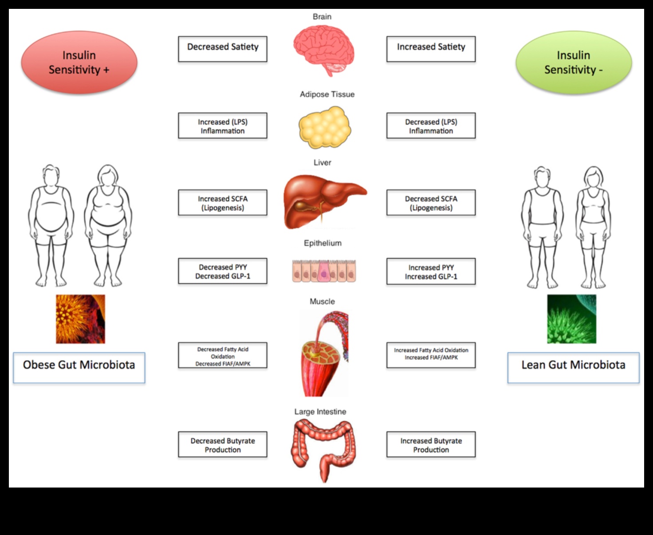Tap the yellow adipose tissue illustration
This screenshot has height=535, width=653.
[x=325, y=127]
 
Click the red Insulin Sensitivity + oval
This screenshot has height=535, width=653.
[x=79, y=62]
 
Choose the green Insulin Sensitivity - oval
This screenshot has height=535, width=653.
[x=574, y=62]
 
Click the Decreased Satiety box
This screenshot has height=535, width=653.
[x=223, y=49]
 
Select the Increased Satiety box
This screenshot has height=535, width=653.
[x=431, y=49]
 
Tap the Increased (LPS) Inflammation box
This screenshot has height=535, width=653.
[x=223, y=126]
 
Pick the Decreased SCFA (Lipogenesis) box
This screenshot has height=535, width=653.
[x=431, y=203]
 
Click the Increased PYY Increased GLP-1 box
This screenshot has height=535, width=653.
[x=431, y=271]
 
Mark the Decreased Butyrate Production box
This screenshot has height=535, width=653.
[x=223, y=445]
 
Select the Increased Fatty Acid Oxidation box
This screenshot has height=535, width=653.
[x=431, y=355]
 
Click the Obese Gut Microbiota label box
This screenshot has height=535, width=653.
[x=79, y=367]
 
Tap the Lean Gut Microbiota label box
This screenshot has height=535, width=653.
[x=573, y=367]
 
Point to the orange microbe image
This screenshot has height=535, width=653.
[x=80, y=319]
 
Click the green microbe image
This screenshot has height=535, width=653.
[x=571, y=319]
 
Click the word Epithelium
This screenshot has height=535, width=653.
[x=323, y=243]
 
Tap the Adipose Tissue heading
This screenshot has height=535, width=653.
[x=327, y=94]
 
